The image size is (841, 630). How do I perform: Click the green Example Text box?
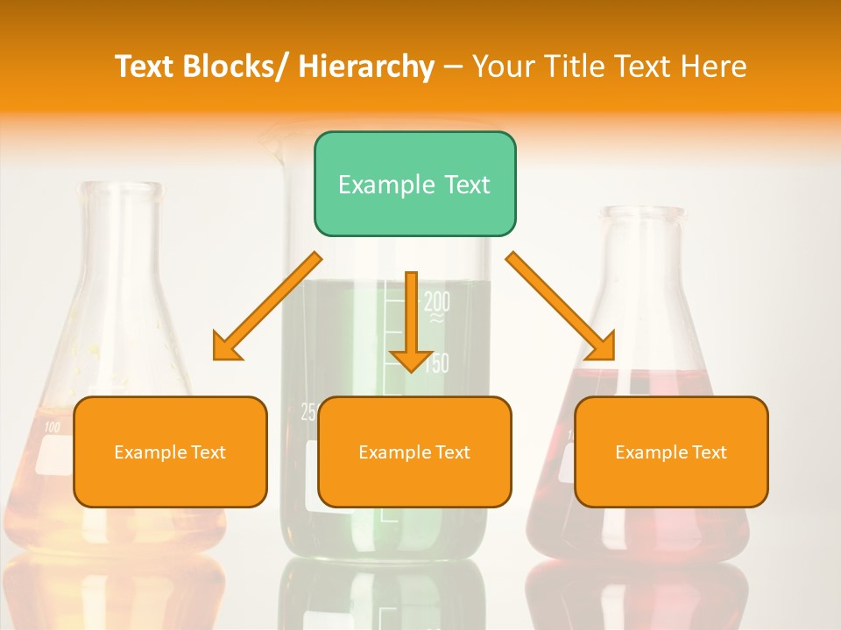click(414, 184)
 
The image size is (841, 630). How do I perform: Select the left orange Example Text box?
click(170, 451)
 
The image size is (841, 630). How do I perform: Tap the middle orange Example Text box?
click(414, 451)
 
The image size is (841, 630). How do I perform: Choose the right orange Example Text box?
click(671, 451)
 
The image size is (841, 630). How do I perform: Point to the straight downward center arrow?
click(411, 324)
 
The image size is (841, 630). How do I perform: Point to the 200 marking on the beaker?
click(436, 303)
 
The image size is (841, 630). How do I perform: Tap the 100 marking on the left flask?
click(52, 428)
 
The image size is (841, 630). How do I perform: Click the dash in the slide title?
click(453, 66)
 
